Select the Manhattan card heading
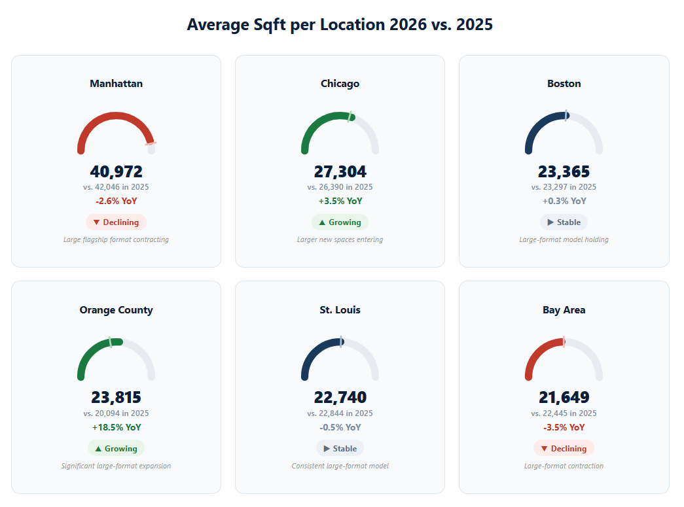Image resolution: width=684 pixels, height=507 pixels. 116,84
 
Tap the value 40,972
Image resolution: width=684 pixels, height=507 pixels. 116,172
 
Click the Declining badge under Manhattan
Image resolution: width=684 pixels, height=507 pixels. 116,222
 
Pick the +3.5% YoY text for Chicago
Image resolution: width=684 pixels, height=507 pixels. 340,201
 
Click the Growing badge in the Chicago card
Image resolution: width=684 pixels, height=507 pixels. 340,222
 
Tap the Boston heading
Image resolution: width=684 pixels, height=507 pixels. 564,84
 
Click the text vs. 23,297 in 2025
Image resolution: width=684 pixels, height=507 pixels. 564,187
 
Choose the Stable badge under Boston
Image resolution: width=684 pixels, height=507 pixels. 564,222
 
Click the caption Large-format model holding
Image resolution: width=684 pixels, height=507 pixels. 564,239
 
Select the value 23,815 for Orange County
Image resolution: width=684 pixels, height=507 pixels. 116,398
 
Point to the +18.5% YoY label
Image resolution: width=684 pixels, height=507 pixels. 116,428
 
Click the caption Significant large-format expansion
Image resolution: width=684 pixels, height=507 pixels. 116,466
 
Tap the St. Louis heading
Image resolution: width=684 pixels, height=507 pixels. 340,310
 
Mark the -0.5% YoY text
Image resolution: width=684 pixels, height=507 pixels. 340,428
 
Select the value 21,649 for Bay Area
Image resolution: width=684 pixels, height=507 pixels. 564,398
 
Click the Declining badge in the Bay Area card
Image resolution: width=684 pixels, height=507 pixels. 564,449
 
